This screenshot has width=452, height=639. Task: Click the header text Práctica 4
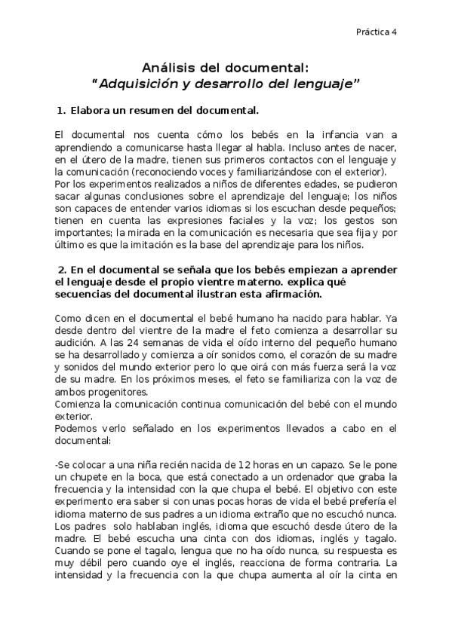click(377, 32)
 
